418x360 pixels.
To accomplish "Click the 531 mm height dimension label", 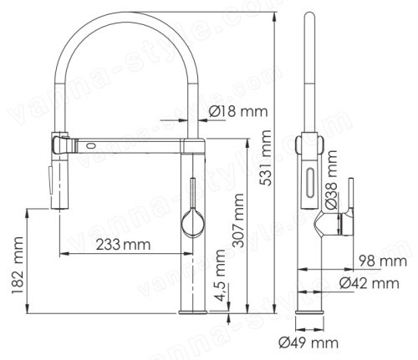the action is pos(265,158).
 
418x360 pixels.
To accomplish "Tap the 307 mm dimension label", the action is pos(238,221).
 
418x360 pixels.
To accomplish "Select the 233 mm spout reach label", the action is pos(123,245).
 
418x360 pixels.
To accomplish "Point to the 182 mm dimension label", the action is pos(18,266).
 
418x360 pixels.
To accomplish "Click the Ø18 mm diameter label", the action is pos(238,111).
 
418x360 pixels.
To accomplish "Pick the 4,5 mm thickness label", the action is pos(221,276).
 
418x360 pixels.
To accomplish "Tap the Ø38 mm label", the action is pos(332,180).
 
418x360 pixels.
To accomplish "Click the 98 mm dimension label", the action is pos(383,261).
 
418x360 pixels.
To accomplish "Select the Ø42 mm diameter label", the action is pos(370,283).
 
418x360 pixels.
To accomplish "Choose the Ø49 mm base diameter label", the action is pos(308,342).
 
